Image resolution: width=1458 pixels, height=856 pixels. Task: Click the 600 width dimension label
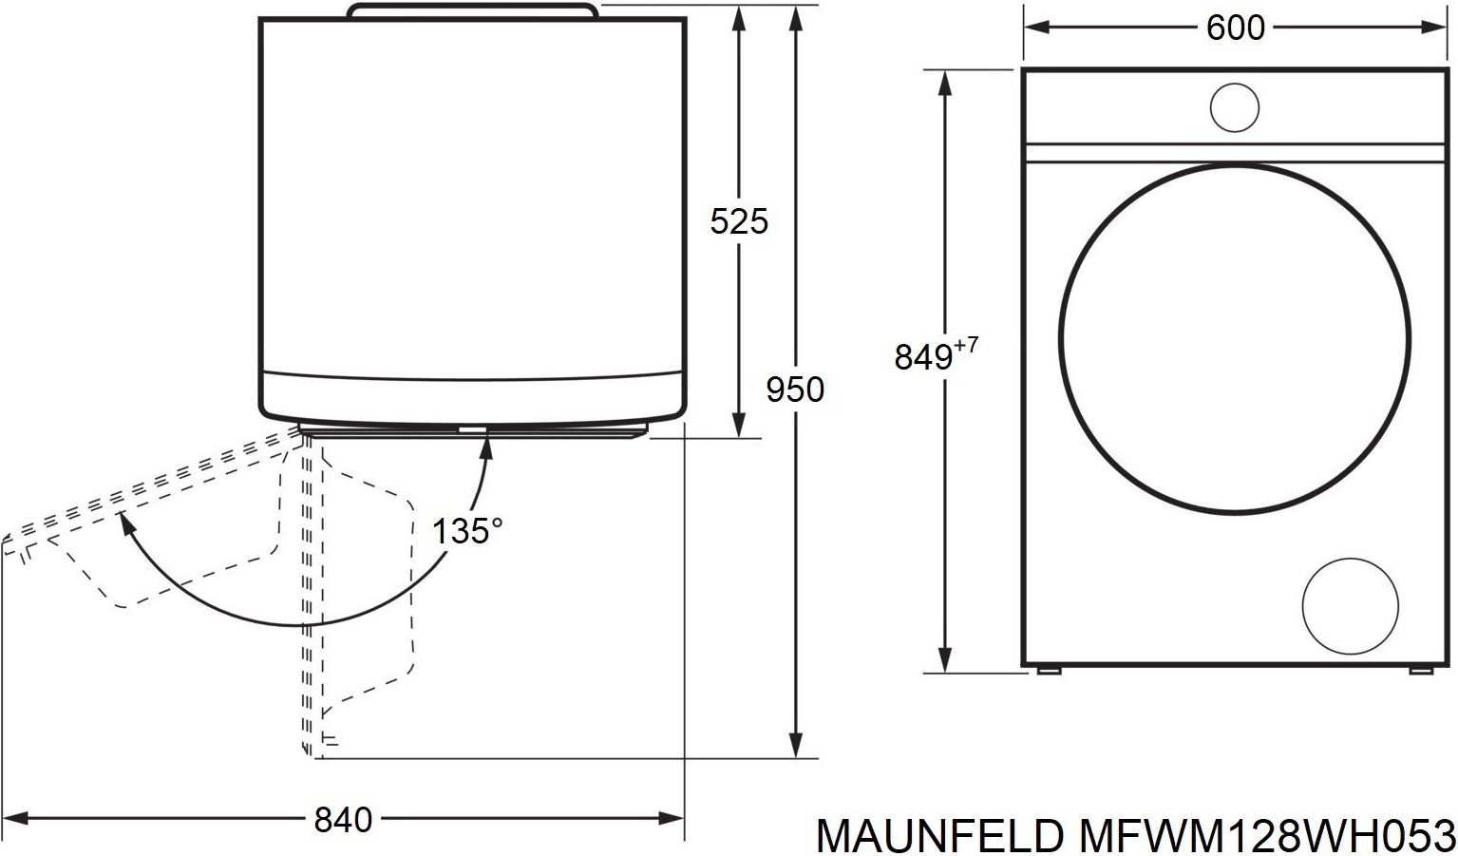[1235, 28]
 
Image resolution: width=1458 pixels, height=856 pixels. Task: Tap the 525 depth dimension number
[739, 221]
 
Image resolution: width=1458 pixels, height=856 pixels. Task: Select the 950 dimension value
[795, 390]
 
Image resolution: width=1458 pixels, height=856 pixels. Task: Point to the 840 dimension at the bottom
[343, 820]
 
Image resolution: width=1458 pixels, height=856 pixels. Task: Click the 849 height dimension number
[923, 357]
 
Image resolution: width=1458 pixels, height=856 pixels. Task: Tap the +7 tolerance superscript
[966, 345]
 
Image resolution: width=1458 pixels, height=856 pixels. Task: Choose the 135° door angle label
[467, 530]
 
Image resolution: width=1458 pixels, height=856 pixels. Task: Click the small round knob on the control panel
[1235, 107]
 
